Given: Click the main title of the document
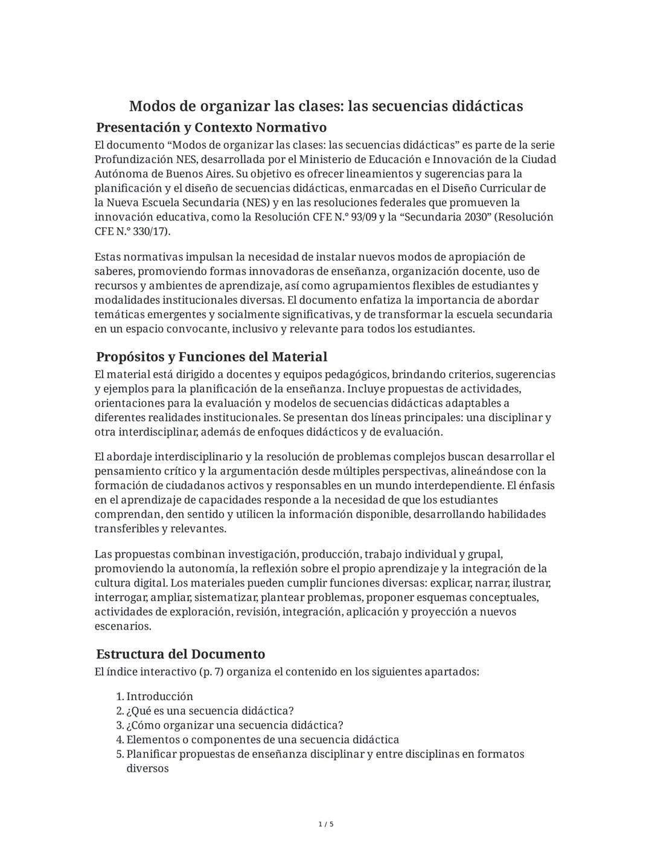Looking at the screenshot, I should pos(326,106).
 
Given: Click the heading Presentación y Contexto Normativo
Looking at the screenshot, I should pos(211,127).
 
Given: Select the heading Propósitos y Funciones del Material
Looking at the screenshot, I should pos(211,356).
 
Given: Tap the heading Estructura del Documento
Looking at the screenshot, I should pos(181,654).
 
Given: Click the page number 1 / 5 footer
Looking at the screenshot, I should pos(326,824).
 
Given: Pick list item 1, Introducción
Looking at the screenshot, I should pos(159,696).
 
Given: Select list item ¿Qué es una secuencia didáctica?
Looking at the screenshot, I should pos(209,710).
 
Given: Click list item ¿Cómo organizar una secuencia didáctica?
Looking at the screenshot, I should pos(234,725).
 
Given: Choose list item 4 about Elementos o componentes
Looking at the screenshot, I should pos(262,739).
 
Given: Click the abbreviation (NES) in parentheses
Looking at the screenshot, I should pos(256,202).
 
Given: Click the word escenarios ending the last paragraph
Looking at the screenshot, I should pos(122,626).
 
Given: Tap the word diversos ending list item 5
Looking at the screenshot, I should pos(147,768).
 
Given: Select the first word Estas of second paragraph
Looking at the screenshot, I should pos(108,257).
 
